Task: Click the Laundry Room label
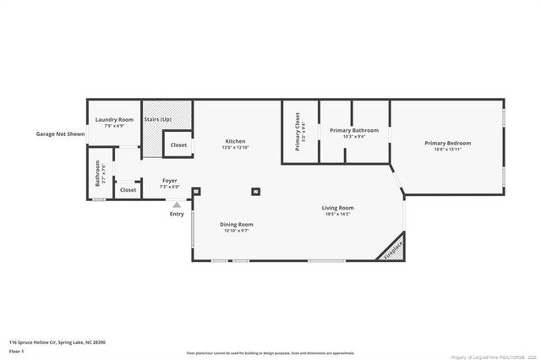pyautogui.click(x=113, y=120)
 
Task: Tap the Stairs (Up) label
pyautogui.click(x=157, y=120)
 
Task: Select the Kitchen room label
pyautogui.click(x=235, y=140)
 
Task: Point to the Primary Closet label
pyautogui.click(x=298, y=132)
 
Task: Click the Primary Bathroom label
pyautogui.click(x=354, y=130)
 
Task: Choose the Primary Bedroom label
pyautogui.click(x=447, y=143)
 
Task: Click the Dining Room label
pyautogui.click(x=237, y=225)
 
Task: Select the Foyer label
pyautogui.click(x=169, y=180)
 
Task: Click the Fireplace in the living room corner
pyautogui.click(x=393, y=250)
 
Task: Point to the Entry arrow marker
pyautogui.click(x=177, y=205)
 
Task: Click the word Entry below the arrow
pyautogui.click(x=177, y=214)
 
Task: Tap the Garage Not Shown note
pyautogui.click(x=60, y=134)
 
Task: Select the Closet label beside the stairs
pyautogui.click(x=178, y=145)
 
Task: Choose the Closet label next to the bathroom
pyautogui.click(x=128, y=190)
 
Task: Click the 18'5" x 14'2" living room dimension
pyautogui.click(x=337, y=215)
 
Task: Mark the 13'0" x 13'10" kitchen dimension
pyautogui.click(x=235, y=147)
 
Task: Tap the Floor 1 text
pyautogui.click(x=17, y=351)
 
